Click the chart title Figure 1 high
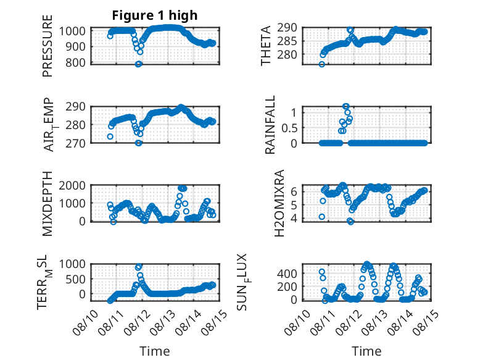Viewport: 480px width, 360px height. tap(155, 15)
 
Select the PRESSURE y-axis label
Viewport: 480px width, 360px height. tap(48, 46)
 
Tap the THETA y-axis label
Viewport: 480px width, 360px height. tap(266, 46)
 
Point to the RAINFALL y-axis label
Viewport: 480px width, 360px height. tap(270, 124)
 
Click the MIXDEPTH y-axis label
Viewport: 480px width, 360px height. tap(48, 203)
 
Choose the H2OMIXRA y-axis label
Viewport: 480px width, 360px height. tap(279, 203)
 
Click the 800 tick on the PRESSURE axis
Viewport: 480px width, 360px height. tap(75, 63)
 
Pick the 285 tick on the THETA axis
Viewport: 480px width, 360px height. tap(287, 41)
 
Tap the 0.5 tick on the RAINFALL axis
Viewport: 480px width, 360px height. tap(289, 128)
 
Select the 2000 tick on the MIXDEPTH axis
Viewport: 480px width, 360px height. tap(72, 185)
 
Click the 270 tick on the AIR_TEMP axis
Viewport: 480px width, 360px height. tap(75, 143)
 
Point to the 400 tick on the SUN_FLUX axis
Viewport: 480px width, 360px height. tap(287, 274)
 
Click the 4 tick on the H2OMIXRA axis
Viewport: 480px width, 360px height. tap(294, 219)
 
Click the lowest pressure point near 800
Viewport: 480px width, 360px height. tap(138, 64)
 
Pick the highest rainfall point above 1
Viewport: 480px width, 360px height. tap(346, 106)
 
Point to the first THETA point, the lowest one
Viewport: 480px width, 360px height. tap(321, 64)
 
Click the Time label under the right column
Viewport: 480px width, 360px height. tap(366, 351)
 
